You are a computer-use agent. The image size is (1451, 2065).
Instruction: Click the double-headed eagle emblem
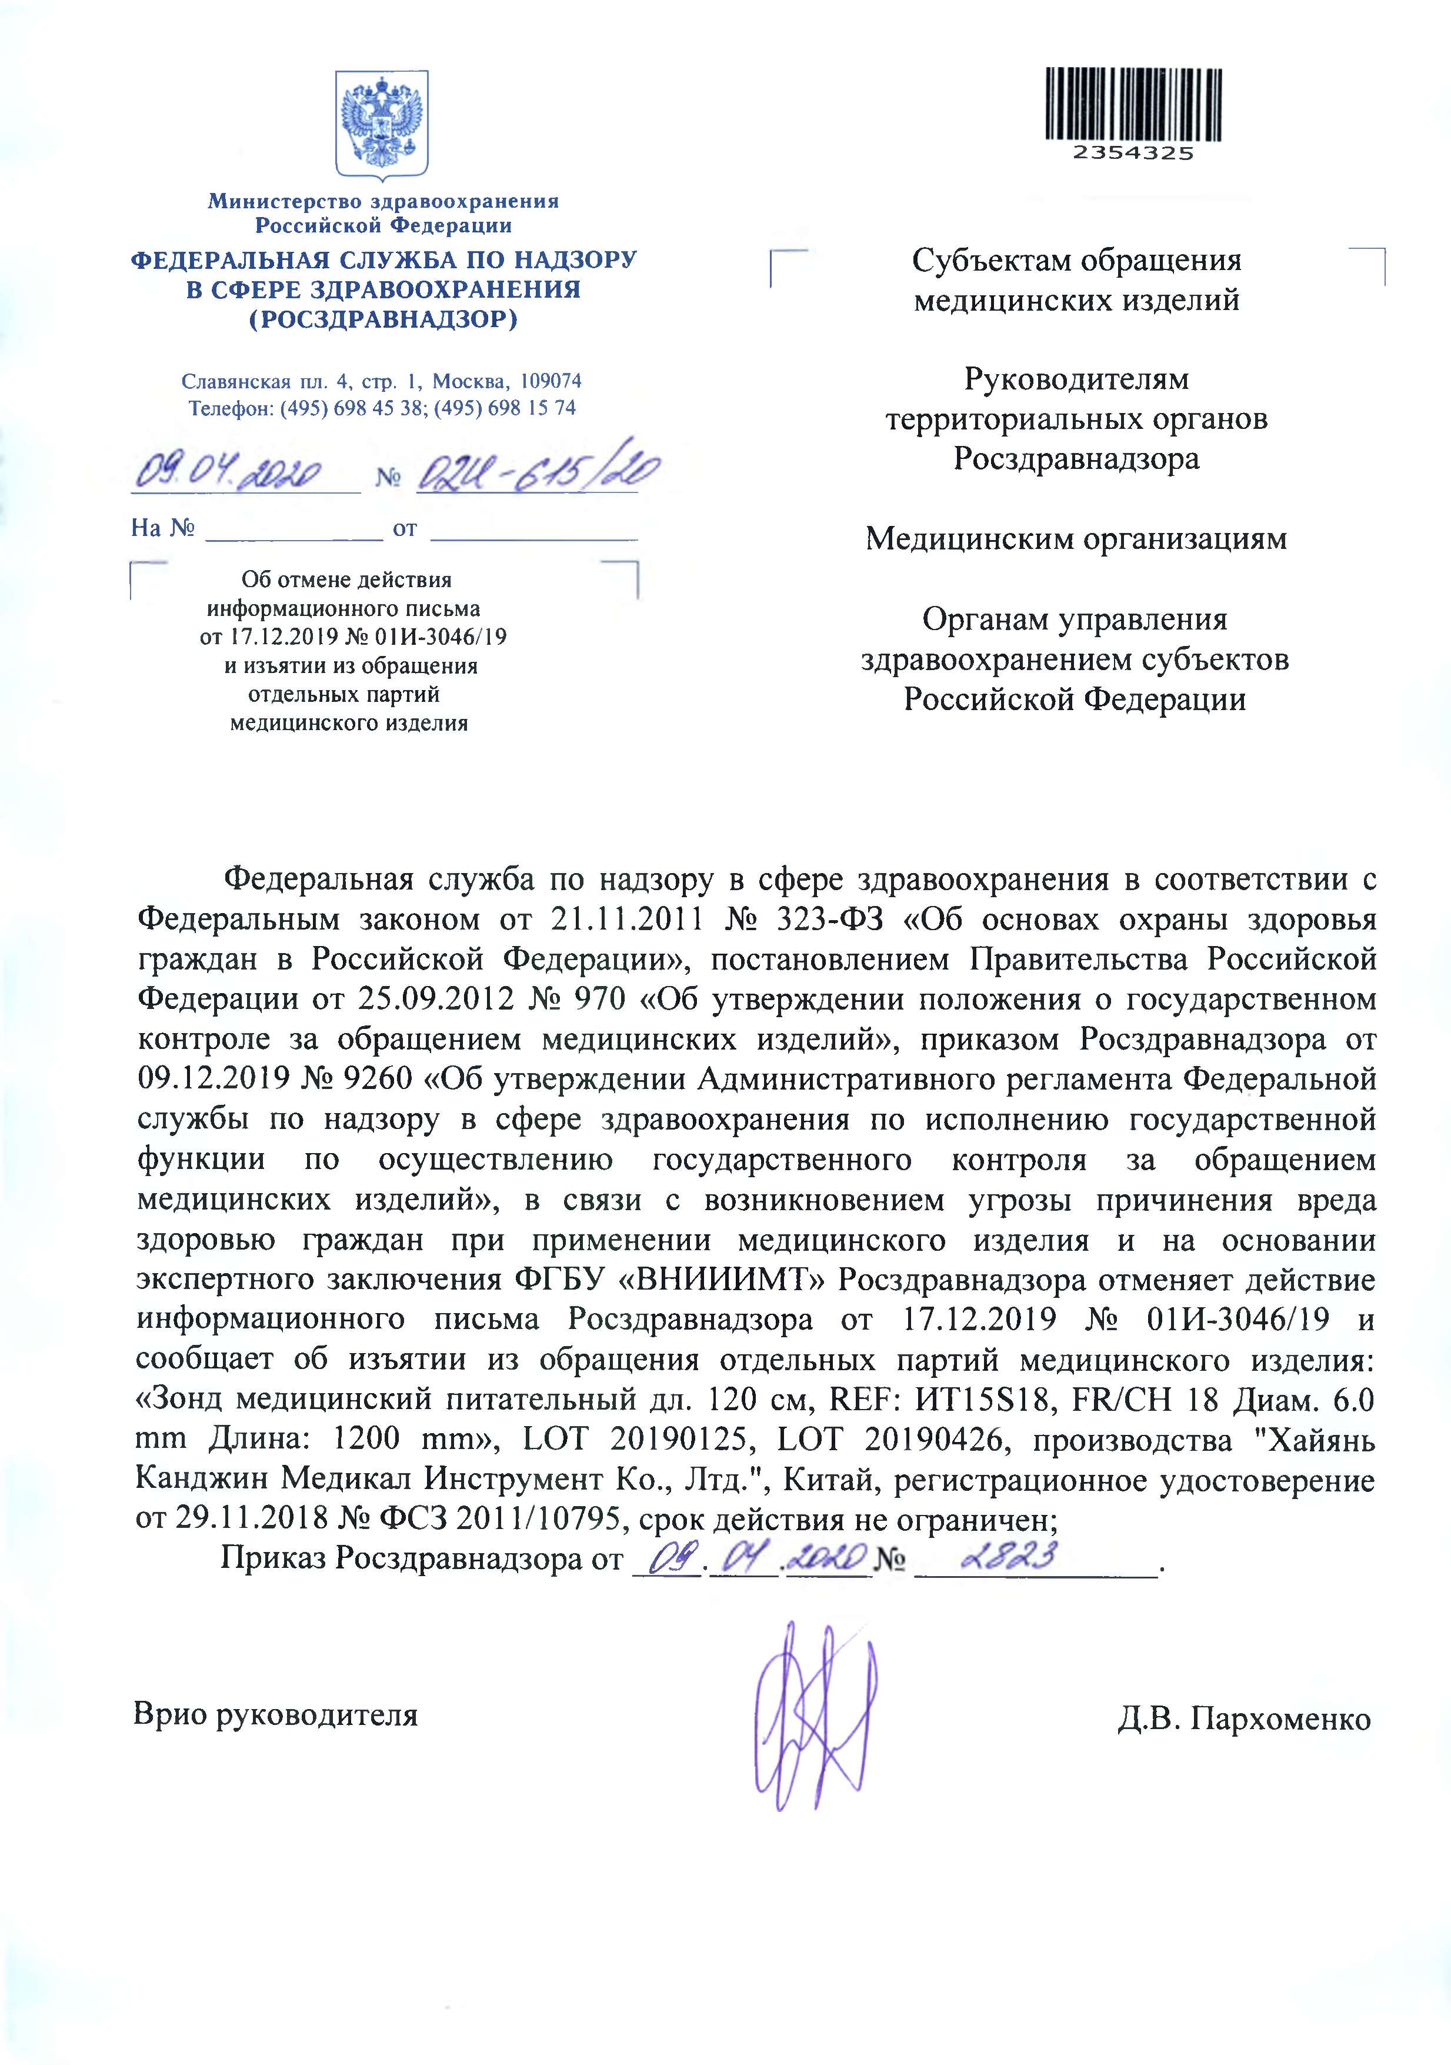click(x=382, y=124)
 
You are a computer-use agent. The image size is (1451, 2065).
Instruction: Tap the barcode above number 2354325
click(x=1133, y=104)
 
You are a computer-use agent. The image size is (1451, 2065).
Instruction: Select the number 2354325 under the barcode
click(x=1133, y=153)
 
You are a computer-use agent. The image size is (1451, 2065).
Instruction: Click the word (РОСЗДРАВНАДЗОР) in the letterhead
click(x=383, y=319)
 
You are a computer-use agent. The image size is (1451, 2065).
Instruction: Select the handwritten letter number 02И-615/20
click(x=537, y=471)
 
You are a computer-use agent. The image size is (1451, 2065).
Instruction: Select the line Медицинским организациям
click(x=1076, y=539)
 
